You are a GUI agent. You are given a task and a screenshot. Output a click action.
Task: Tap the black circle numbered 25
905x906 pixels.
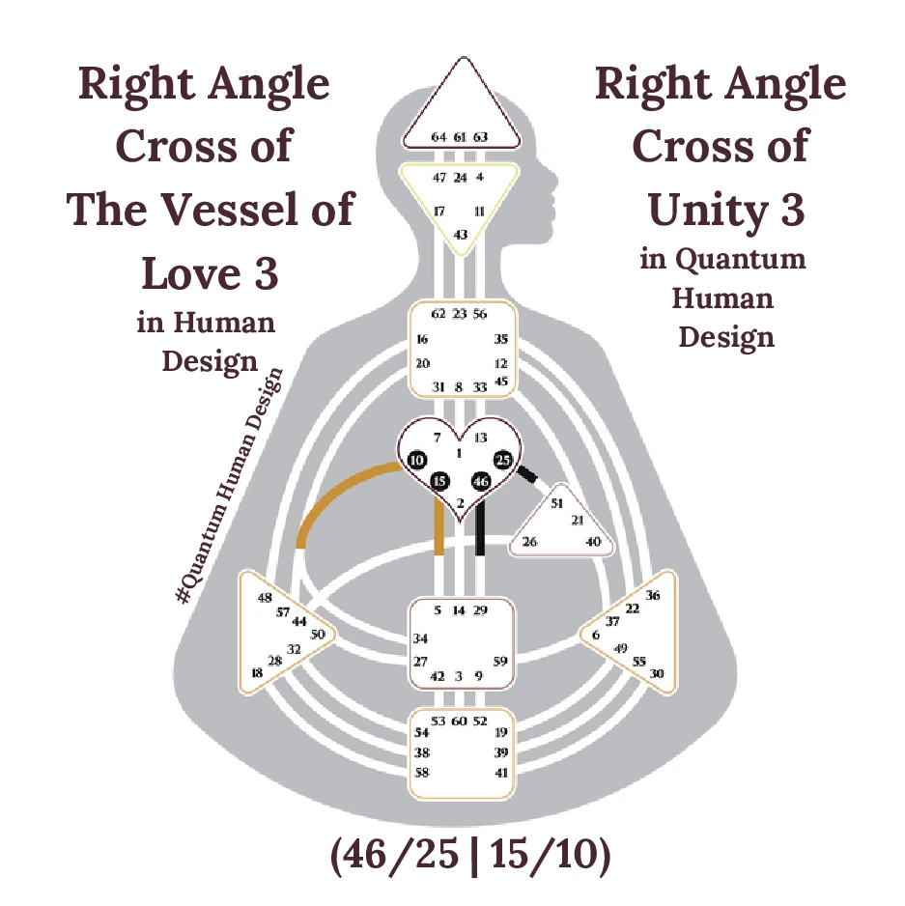[503, 460]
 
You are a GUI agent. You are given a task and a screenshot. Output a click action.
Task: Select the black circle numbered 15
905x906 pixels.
[440, 481]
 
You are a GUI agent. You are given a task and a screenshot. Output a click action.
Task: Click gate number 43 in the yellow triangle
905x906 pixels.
[461, 235]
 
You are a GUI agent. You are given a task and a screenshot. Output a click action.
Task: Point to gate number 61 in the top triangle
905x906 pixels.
[460, 137]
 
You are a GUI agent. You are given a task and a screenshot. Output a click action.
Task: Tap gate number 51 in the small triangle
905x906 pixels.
[556, 503]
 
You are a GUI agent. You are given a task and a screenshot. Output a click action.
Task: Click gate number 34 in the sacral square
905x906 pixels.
[420, 638]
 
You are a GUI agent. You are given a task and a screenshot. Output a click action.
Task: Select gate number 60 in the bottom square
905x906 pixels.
[460, 721]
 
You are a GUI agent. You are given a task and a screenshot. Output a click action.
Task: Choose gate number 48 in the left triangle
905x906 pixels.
[265, 598]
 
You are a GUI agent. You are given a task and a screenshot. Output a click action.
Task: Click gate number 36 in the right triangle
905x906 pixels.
[653, 596]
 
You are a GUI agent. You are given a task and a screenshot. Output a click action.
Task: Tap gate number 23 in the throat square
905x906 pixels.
[460, 313]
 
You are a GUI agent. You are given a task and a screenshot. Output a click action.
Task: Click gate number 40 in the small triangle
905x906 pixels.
[593, 542]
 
